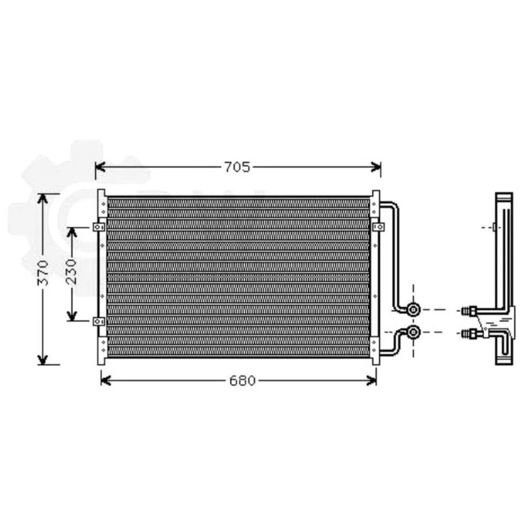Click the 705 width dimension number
pos(237,167)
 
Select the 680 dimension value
pos(242,380)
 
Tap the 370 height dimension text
pos(43,272)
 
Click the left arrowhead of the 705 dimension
pos(99,167)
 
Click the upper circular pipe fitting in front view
pos(414,309)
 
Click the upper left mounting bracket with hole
pos(99,226)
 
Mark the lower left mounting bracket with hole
pos(99,322)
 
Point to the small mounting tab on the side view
pos(494,226)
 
